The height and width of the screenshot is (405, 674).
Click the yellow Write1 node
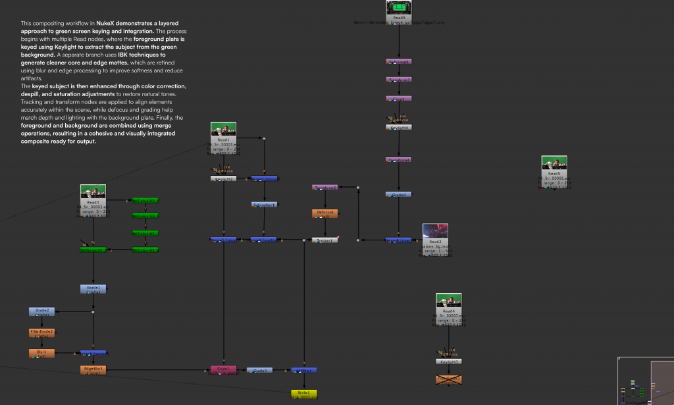point(304,394)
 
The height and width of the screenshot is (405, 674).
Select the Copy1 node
point(223,370)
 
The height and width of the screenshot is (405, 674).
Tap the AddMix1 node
point(304,370)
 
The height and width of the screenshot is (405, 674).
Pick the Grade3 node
point(259,370)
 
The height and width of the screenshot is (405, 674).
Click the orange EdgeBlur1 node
point(93,370)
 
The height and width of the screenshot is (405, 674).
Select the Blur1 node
point(41,354)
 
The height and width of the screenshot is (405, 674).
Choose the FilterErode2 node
point(41,333)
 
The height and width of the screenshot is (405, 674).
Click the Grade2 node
point(41,311)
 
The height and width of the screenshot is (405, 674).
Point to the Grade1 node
point(93,288)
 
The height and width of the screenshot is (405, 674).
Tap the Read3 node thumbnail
point(93,192)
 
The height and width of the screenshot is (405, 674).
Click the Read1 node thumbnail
point(223,130)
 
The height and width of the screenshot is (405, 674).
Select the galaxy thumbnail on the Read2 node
point(435,230)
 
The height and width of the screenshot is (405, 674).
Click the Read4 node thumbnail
point(448,301)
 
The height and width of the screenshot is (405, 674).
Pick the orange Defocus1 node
point(324,213)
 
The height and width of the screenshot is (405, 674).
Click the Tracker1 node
point(324,240)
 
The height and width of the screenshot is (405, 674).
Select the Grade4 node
point(398,195)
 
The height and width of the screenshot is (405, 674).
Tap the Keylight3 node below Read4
point(448,362)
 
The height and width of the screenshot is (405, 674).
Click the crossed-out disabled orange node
point(448,379)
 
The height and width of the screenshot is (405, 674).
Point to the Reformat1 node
point(398,61)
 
